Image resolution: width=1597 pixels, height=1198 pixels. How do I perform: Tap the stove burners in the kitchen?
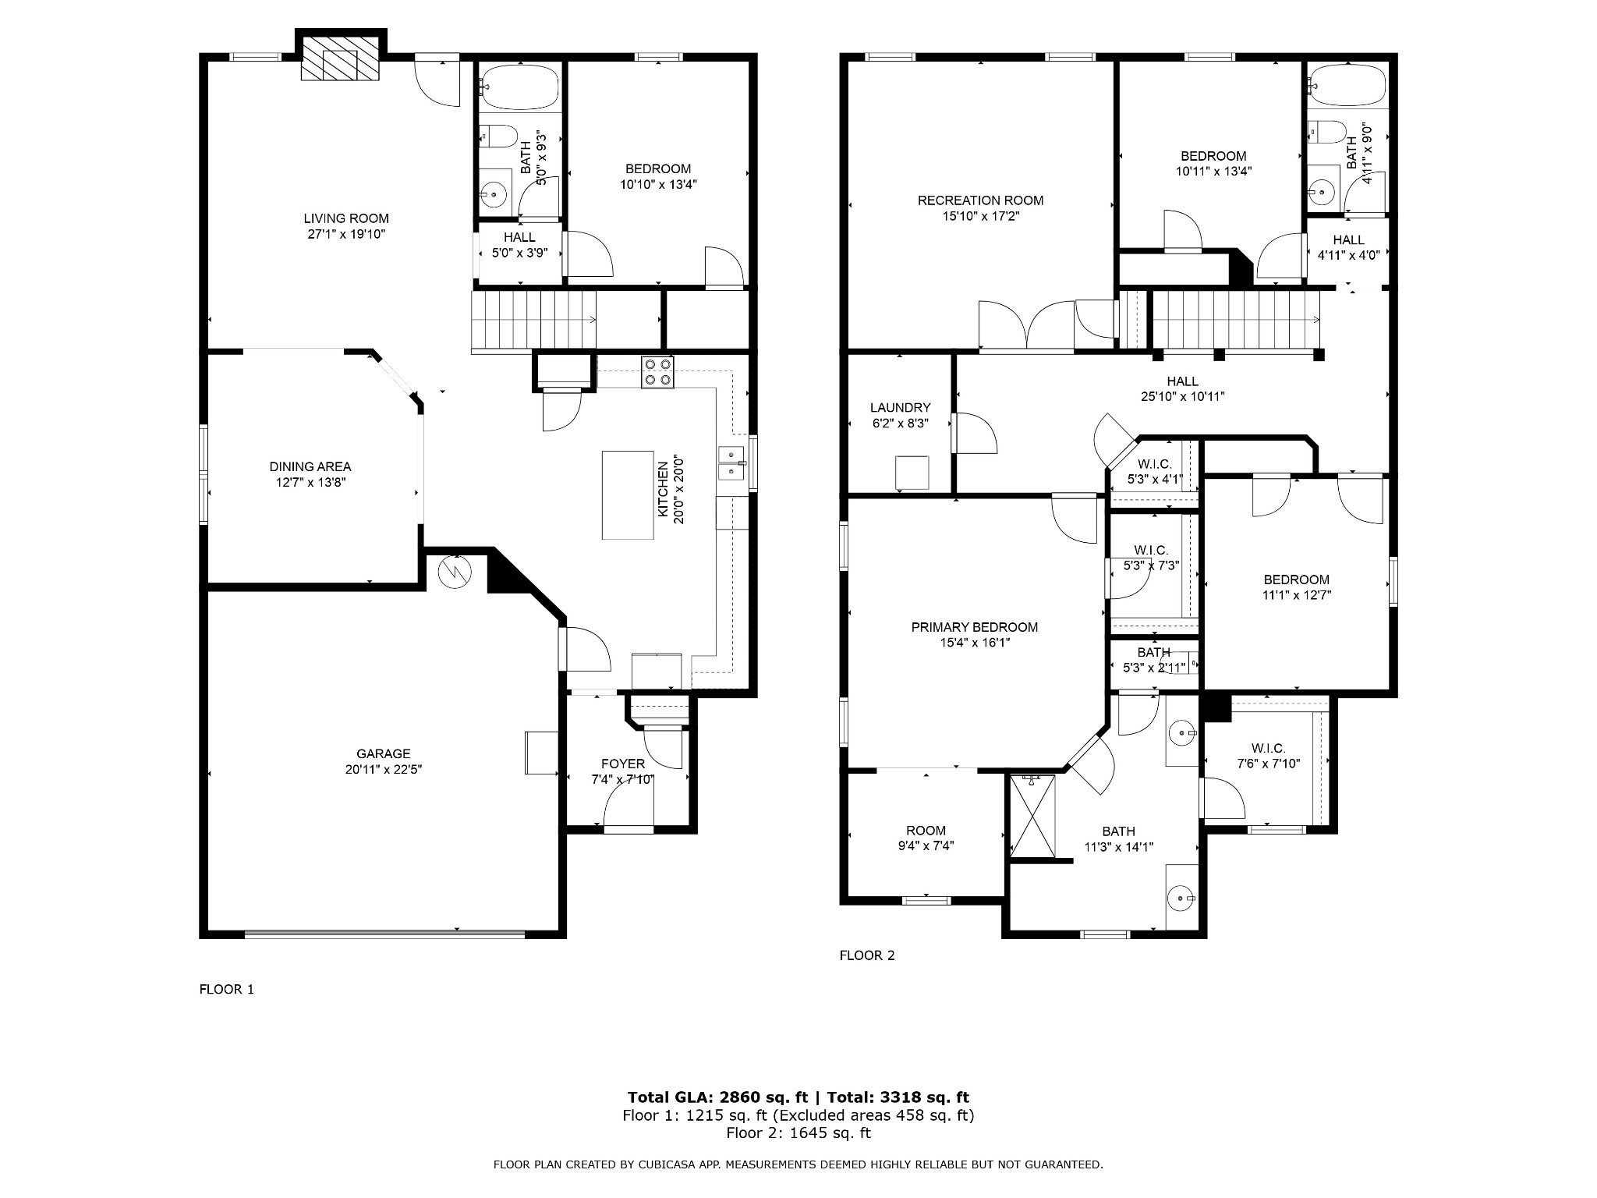pos(657,372)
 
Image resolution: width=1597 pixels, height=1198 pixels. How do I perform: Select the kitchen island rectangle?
pos(628,494)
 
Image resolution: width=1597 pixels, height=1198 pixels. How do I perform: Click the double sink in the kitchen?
pos(731,463)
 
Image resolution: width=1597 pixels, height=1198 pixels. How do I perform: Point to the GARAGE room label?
pos(384,753)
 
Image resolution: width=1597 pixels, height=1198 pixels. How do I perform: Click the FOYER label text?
pos(623,764)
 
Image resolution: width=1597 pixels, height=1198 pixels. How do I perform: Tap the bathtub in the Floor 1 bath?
pos(519,87)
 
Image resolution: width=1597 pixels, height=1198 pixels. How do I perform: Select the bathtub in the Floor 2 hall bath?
pos(1347,86)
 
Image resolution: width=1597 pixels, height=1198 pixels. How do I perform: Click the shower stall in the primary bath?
pos(1032,817)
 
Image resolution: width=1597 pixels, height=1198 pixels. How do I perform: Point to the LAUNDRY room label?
pos(901,407)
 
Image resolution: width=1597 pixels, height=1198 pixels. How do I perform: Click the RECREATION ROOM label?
pos(980,200)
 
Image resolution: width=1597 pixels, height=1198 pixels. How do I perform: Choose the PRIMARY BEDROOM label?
pos(975,627)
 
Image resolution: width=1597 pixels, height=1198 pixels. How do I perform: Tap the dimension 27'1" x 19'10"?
pos(345,234)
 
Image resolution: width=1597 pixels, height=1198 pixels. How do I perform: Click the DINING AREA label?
pos(310,466)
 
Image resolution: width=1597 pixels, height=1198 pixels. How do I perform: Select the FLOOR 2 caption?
pos(867,955)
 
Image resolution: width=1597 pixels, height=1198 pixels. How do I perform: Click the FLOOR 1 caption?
pos(227,990)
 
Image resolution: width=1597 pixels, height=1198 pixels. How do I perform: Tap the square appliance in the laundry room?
pos(912,473)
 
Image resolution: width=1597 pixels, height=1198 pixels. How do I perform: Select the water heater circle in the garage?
pos(455,572)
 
